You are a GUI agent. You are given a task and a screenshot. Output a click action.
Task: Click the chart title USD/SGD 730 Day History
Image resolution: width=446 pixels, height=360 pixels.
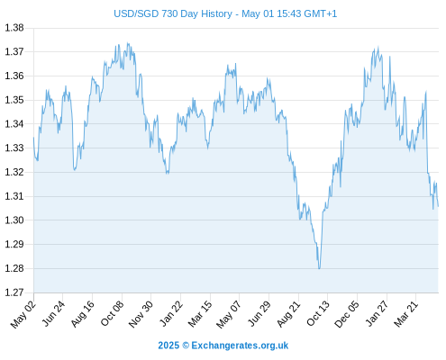click(173, 13)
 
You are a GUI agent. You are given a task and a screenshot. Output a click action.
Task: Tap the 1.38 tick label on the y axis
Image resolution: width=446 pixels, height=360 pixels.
click(14, 28)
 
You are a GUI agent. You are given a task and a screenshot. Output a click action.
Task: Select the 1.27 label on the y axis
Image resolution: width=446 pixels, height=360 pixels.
click(14, 292)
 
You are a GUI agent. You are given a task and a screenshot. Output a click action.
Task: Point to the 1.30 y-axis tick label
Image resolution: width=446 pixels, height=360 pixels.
click(14, 220)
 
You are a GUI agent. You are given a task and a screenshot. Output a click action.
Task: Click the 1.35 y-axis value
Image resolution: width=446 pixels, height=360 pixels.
click(14, 100)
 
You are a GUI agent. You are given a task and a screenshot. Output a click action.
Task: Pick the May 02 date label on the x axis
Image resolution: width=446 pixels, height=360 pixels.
click(23, 314)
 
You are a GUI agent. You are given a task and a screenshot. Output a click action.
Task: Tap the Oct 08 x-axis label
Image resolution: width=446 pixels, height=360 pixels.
click(112, 313)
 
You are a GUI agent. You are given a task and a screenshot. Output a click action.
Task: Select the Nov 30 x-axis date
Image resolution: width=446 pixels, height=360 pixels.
click(141, 314)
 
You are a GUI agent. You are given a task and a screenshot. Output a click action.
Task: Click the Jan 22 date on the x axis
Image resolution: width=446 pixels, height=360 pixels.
click(171, 313)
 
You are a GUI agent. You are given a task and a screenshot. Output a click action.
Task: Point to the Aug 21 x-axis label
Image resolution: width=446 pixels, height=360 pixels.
click(288, 314)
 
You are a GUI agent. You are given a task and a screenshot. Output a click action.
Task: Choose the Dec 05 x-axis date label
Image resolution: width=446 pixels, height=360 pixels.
click(347, 314)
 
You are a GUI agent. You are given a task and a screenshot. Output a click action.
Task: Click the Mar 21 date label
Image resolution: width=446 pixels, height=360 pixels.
click(406, 314)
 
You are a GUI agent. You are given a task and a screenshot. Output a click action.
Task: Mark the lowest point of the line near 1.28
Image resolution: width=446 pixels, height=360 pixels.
click(319, 268)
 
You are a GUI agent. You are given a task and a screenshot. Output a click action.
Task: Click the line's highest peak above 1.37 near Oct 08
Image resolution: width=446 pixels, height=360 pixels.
click(128, 43)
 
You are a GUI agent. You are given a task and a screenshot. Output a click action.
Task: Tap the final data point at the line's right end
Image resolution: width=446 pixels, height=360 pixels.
click(438, 206)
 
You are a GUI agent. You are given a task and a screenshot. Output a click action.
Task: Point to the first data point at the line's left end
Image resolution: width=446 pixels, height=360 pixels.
click(33, 138)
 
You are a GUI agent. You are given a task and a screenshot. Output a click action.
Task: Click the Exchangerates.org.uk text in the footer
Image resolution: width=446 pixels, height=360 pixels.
click(240, 346)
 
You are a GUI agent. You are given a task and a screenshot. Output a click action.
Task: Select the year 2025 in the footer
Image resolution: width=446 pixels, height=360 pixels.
click(168, 346)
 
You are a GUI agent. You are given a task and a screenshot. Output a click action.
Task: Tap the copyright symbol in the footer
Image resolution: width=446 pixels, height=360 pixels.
click(186, 346)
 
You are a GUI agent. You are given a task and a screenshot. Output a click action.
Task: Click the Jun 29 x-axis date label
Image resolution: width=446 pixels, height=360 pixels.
click(259, 313)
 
